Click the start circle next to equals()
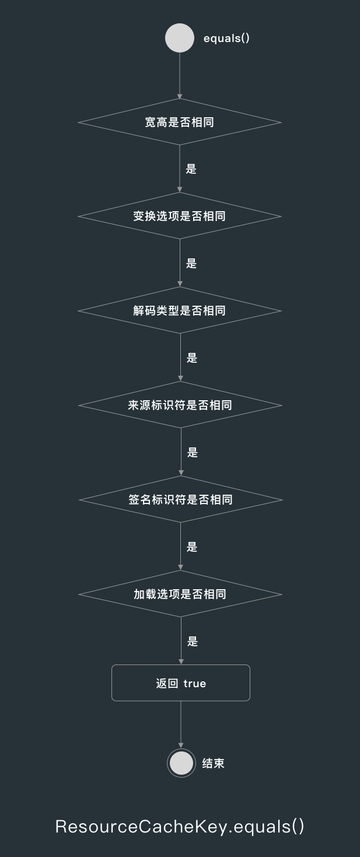click(180, 38)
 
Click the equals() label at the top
click(226, 39)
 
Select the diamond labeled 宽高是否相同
click(180, 123)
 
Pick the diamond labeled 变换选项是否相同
click(180, 216)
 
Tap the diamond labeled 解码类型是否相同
click(180, 310)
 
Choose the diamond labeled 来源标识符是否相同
click(180, 405)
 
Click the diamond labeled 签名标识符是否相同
click(180, 499)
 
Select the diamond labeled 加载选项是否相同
click(180, 594)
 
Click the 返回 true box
click(181, 683)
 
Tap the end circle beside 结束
click(181, 763)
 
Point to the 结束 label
click(213, 763)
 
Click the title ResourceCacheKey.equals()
click(180, 827)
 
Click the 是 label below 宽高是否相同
click(191, 169)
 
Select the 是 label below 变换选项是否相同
click(191, 264)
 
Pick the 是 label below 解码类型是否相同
click(192, 358)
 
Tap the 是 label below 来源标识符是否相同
click(193, 453)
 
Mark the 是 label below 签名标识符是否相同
click(192, 547)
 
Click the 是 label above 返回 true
click(193, 642)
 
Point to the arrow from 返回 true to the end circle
click(181, 725)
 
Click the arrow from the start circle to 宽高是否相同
click(180, 76)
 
